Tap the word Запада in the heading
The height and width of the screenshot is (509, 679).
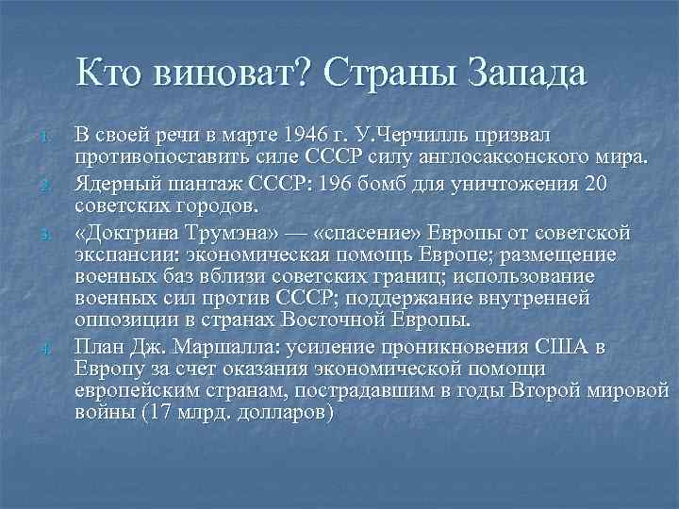[525, 73]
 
